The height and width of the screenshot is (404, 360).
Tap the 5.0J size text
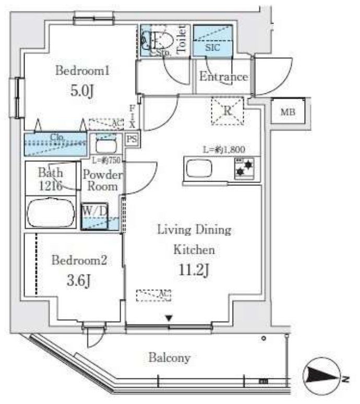[x=82, y=92]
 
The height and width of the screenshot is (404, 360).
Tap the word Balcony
[x=169, y=358]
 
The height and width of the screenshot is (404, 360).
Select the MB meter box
[x=287, y=112]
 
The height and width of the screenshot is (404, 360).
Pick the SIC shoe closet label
[x=213, y=47]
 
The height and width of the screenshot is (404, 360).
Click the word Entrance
[x=223, y=77]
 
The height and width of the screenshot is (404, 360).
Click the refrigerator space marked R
[x=227, y=111]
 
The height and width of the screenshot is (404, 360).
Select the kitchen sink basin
[x=199, y=169]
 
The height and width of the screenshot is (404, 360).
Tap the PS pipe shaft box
[x=132, y=139]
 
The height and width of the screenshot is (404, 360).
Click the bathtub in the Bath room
[x=51, y=213]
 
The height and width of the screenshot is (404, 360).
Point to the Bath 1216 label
[x=50, y=179]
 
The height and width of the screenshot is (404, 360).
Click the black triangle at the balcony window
[x=169, y=317]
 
